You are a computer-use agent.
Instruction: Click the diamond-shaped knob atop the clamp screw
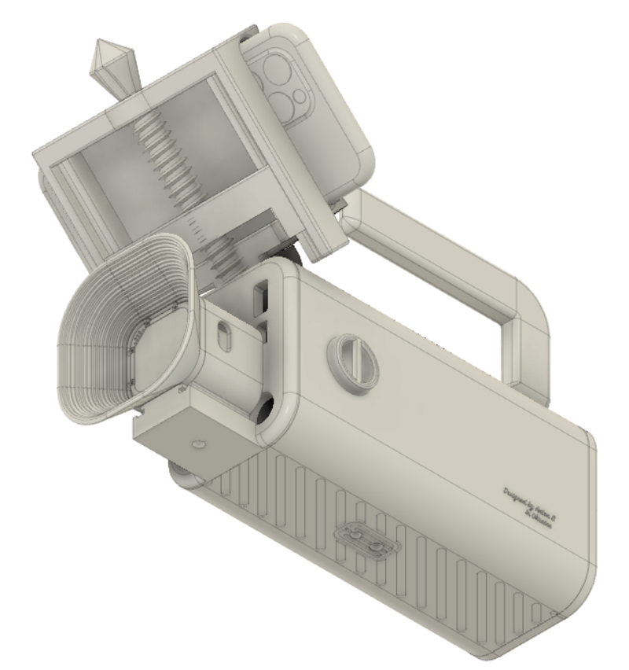click(108, 62)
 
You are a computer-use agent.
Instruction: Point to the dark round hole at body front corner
click(262, 410)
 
